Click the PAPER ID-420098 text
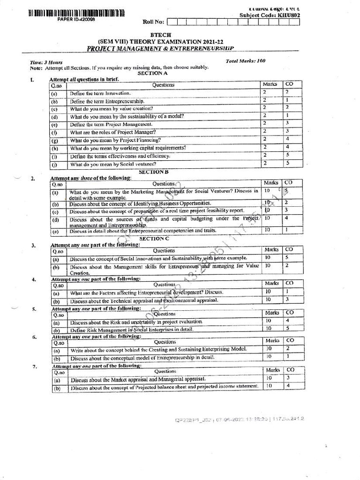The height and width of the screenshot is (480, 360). [76, 19]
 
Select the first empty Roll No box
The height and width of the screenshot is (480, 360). [171, 22]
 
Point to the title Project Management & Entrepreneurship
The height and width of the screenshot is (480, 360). [160, 48]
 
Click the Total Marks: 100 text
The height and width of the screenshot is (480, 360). [245, 61]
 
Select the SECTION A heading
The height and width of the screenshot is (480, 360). [153, 73]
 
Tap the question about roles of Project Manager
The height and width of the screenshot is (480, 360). [113, 132]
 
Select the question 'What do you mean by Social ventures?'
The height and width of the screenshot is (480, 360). [113, 165]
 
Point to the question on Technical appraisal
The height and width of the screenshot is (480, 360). [144, 300]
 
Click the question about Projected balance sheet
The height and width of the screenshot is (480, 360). [164, 387]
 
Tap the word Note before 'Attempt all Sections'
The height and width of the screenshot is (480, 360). [36, 67]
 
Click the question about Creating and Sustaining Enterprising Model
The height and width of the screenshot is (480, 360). [158, 350]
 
